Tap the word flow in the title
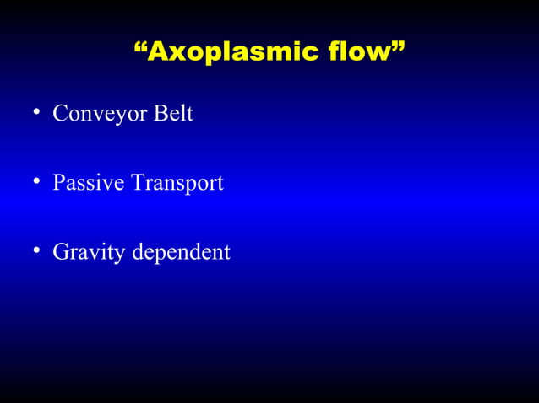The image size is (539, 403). (357, 51)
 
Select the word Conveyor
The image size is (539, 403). (99, 114)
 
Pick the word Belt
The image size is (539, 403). (172, 113)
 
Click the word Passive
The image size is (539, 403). (88, 182)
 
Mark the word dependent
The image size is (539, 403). (180, 251)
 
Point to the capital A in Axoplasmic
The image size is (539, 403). (156, 51)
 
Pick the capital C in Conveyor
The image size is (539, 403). (59, 113)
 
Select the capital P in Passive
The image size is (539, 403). (58, 182)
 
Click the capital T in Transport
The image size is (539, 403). (136, 182)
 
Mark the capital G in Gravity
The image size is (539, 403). (60, 251)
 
